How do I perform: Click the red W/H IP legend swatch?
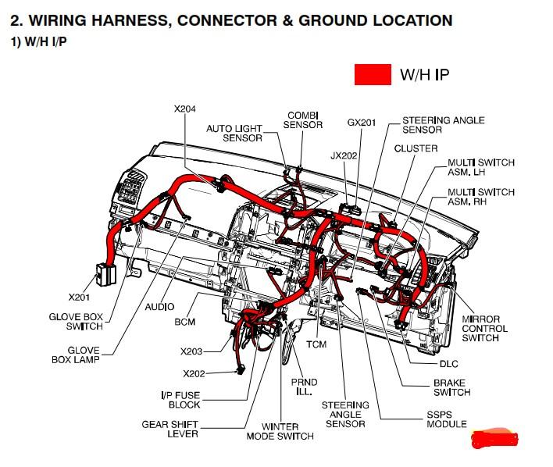click(373, 74)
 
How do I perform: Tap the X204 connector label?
click(184, 109)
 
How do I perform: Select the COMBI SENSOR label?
click(303, 120)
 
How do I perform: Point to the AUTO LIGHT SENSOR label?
click(234, 133)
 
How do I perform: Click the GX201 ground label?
click(362, 123)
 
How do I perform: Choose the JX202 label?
click(344, 155)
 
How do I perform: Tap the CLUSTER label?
click(416, 148)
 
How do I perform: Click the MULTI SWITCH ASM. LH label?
click(480, 167)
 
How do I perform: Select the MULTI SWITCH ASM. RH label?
click(480, 197)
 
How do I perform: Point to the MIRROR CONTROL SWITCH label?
click(484, 328)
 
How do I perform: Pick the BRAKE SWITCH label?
click(451, 387)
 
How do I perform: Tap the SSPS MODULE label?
click(446, 419)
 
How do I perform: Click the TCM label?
click(316, 344)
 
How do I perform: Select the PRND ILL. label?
click(304, 387)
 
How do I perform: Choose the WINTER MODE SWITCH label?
click(280, 431)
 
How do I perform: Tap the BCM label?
click(185, 322)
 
